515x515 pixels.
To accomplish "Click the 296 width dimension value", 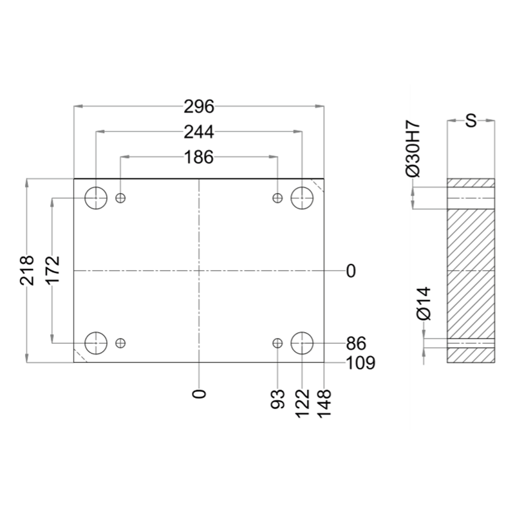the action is (199, 107).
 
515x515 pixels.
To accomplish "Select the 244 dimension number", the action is (199, 132).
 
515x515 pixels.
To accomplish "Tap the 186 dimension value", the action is (199, 157).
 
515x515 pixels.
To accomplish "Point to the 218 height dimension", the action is (27, 270).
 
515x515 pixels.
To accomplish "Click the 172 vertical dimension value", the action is (53, 270).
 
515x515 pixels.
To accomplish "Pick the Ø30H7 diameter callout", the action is (413, 149).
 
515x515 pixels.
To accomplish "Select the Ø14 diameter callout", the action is (424, 303).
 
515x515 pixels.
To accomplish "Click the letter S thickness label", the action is (471, 120).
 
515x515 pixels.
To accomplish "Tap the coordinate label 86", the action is (356, 344).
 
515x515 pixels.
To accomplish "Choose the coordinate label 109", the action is (360, 363).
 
